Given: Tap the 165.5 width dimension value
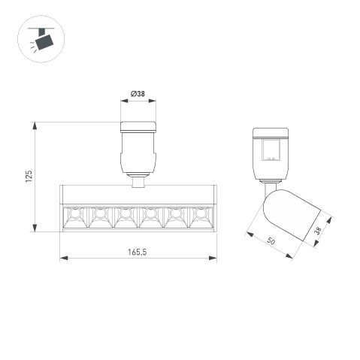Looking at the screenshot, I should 137,252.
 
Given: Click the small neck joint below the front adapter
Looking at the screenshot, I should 138,180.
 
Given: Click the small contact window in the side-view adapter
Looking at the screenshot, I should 271,154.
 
